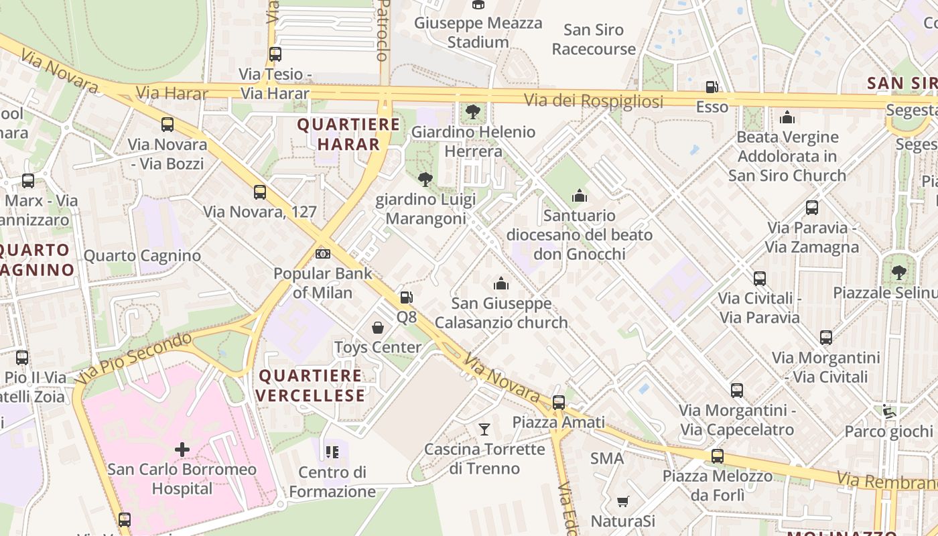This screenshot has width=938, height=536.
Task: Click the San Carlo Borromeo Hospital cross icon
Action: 182,449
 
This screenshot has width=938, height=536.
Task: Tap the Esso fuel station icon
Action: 712,87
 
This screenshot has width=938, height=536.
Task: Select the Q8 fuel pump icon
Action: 406,297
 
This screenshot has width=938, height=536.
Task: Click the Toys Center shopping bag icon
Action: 378,328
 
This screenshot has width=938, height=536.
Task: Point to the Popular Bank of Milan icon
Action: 323,254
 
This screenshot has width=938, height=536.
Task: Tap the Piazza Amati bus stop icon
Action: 558,403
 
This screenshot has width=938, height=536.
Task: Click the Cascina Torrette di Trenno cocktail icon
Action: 484,429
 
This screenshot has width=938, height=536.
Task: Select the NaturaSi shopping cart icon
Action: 622,501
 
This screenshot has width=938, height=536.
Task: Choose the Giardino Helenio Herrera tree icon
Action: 473,111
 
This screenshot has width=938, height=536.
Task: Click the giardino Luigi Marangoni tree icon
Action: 425,179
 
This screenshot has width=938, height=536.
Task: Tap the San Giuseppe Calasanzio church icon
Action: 501,283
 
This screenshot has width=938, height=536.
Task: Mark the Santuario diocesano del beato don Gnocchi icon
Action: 580,196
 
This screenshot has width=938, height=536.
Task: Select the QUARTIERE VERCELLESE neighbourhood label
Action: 311,385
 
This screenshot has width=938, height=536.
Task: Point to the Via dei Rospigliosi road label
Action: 594,101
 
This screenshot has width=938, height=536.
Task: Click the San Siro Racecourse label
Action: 594,40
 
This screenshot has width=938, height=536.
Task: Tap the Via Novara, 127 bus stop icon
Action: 260,192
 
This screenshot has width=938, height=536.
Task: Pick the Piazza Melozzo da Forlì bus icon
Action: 718,456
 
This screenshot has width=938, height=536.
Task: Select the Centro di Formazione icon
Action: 332,452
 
